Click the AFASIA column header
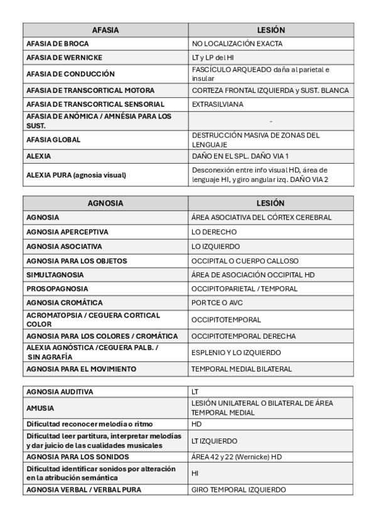click(x=105, y=30)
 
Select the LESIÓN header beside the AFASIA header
click(x=271, y=30)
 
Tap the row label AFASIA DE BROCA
click(x=58, y=44)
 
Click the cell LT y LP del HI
click(x=213, y=58)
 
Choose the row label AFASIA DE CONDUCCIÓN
click(x=70, y=73)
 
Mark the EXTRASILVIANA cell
click(x=217, y=104)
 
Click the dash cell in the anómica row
click(x=271, y=121)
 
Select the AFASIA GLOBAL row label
click(x=53, y=139)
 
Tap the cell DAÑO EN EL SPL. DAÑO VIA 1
click(x=240, y=156)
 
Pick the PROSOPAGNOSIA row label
click(x=57, y=289)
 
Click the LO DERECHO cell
click(x=214, y=232)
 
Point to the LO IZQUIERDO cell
click(x=215, y=247)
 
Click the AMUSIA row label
click(x=40, y=408)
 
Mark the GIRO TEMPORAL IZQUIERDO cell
click(x=239, y=489)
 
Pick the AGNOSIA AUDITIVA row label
click(x=60, y=391)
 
